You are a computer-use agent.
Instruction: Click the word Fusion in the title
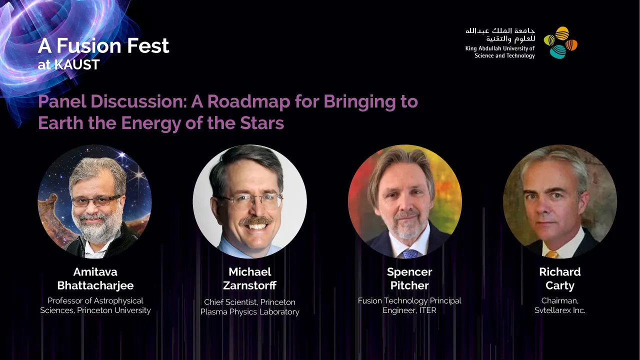point(89,45)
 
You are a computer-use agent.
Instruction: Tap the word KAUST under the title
point(77,65)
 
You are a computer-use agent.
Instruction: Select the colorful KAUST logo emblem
point(560,42)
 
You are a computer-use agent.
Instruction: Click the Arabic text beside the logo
point(500,34)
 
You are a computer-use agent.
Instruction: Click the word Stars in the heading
point(262,123)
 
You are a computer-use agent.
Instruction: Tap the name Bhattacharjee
point(95,285)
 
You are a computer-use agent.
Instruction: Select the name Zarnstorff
point(249,285)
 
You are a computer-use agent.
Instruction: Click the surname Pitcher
point(409,285)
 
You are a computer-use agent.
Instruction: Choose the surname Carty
point(559,285)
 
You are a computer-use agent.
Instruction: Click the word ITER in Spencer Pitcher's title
point(427,310)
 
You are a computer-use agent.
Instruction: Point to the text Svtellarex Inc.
point(559,310)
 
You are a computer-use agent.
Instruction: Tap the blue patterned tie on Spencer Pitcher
point(410,253)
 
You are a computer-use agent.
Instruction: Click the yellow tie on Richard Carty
point(552,254)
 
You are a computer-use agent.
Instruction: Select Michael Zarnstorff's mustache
point(255,220)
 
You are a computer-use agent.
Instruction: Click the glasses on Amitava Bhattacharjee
point(96,200)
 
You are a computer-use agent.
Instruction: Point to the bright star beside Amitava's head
point(138,174)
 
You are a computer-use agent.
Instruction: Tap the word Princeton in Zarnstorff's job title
point(277,302)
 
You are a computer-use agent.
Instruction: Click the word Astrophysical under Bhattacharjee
point(118,301)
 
